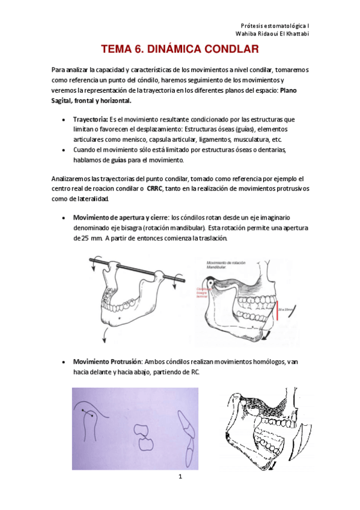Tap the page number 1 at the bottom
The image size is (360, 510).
(180, 477)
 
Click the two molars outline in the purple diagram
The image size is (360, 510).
(144, 437)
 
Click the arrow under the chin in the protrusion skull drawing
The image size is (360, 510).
(274, 465)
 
